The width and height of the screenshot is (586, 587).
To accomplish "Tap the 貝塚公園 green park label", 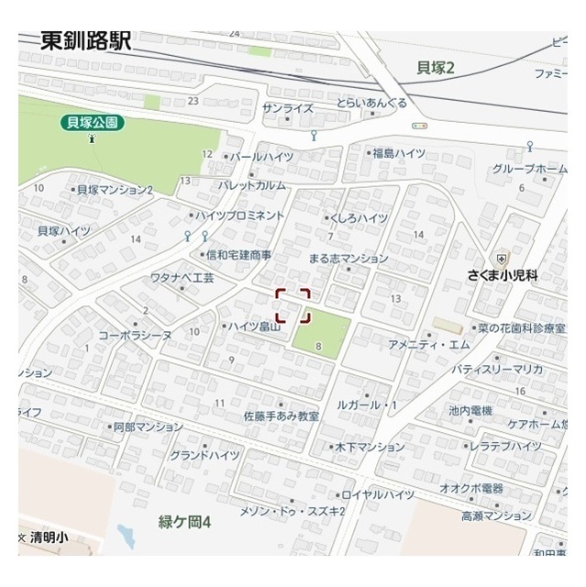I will coord(93,120).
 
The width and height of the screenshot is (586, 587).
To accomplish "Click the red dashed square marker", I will coord(293,305).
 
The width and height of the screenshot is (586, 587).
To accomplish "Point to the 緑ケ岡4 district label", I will coord(184,521).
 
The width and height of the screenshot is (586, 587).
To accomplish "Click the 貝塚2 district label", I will coord(436,66).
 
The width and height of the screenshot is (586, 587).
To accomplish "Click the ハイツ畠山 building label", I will coord(252,326).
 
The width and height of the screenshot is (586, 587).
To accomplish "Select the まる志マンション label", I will coord(348,259).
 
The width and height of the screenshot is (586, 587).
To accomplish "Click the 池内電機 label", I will coord(470,410).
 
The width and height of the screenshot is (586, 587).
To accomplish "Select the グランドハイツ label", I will coord(204,455).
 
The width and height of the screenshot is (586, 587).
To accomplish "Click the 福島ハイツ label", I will coord(398,152).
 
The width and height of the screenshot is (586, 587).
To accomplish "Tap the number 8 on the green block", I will coord(318,347).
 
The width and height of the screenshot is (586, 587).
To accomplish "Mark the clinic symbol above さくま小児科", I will coord(502,259).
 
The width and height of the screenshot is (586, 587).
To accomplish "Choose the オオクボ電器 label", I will coord(471,488).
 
